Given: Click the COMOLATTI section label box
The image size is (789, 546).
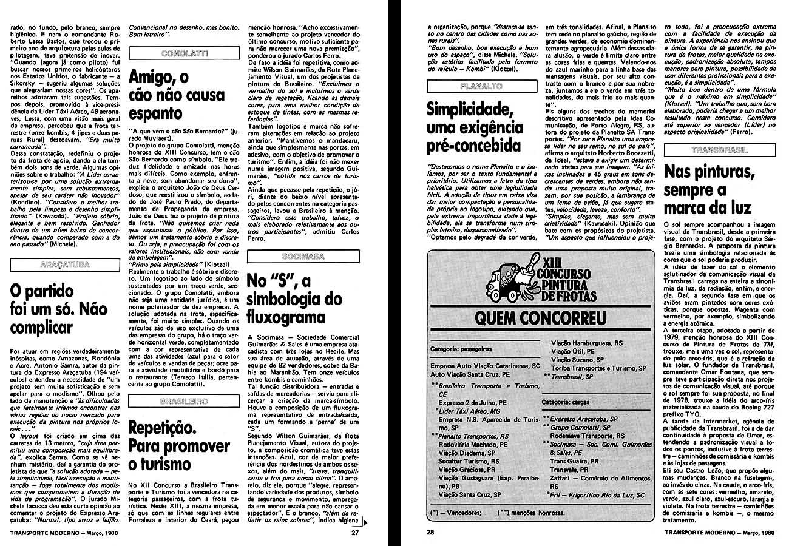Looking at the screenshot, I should click(184, 54).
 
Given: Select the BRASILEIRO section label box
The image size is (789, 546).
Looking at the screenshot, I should click(184, 402).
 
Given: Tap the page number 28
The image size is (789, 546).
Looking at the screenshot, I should click(431, 534).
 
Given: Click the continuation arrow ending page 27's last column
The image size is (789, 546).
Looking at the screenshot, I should click(363, 522).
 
